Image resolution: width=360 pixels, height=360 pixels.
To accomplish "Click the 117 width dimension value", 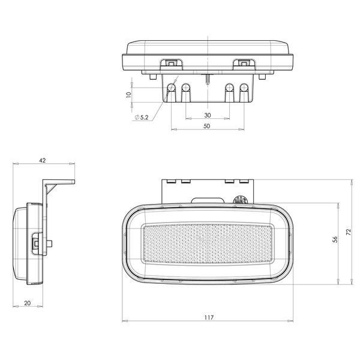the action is tap(209, 317).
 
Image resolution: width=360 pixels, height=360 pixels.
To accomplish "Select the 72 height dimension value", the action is tap(349, 232).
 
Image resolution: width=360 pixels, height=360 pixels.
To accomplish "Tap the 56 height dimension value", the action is tap(335, 239).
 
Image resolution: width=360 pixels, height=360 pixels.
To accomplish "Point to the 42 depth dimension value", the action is tap(43, 160).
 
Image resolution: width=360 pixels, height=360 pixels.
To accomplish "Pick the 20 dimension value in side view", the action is tap(28, 303).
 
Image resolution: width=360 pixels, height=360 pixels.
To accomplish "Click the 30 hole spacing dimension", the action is tap(208, 115).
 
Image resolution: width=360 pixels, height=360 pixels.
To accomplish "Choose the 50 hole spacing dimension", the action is tap(206, 126).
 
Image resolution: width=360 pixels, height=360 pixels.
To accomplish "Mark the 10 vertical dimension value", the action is tap(128, 95).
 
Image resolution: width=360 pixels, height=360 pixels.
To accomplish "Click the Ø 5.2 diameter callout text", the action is tap(142, 118).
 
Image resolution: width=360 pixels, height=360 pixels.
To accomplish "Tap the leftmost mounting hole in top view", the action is tap(171, 88).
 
